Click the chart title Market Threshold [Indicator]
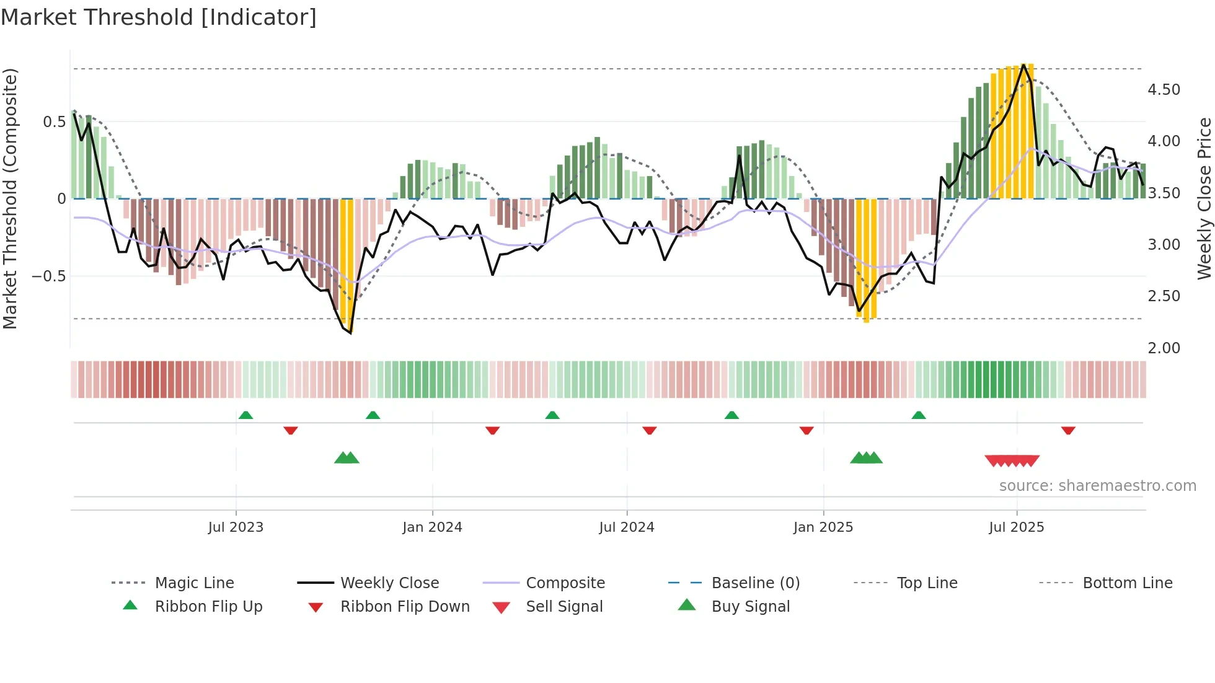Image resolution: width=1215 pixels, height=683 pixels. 159,17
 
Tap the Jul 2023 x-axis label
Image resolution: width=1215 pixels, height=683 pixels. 236,527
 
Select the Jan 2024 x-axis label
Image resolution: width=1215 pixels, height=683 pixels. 432,527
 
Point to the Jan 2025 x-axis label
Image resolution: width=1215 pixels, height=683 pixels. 823,527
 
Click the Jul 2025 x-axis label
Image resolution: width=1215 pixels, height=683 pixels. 1017,527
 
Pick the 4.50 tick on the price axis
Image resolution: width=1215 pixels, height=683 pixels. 1164,90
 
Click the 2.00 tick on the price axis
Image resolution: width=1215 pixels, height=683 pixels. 1164,348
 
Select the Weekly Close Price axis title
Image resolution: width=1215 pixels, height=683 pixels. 1204,198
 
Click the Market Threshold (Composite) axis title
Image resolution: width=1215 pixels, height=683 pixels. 11,198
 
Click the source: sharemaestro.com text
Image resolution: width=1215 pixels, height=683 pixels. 1097,486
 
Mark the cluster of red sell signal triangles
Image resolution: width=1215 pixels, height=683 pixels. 1012,460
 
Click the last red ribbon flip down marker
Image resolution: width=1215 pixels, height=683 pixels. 1068,430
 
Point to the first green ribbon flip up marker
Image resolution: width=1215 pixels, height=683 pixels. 245,415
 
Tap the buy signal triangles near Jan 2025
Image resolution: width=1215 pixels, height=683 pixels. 866,458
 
